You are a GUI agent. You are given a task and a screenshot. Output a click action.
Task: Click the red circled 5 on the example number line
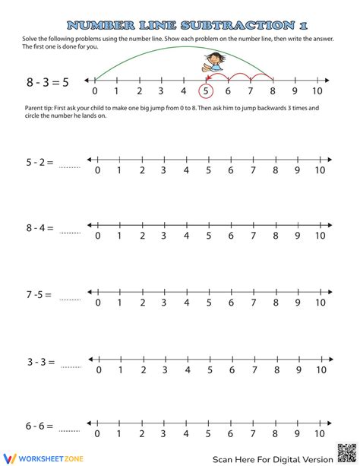[205, 92]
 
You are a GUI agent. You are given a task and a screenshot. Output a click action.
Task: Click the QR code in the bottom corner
[345, 452]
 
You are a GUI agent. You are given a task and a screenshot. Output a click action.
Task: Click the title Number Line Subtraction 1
[180, 25]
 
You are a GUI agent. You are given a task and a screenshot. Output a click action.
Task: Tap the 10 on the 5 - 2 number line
[320, 170]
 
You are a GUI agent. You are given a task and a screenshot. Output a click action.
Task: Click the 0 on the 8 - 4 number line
[96, 236]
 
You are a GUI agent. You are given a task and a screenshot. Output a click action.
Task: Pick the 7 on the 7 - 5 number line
[253, 303]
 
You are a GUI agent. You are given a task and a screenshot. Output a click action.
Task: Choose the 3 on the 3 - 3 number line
[163, 370]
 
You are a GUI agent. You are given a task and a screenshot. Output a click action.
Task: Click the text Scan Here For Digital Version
[272, 458]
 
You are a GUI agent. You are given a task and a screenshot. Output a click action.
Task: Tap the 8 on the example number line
[272, 92]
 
